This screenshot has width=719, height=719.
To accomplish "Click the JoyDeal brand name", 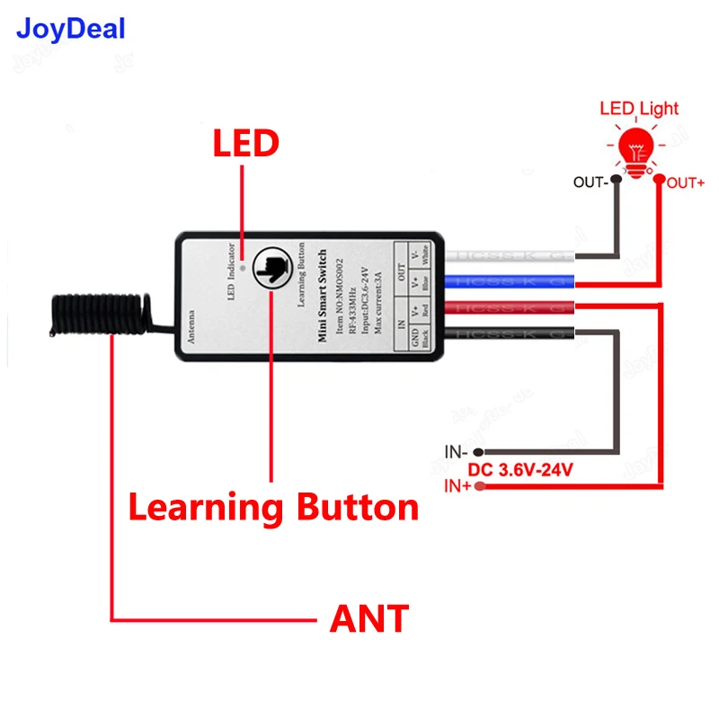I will point(71,30).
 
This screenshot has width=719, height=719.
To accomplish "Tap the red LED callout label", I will point(245,144).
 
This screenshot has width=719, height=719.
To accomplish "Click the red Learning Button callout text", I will point(273,508).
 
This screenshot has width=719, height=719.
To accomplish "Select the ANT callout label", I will point(369,618).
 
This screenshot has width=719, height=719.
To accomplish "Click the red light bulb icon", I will point(638,149).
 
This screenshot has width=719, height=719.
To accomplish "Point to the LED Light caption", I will point(638,110).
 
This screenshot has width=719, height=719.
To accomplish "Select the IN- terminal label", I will point(457,451).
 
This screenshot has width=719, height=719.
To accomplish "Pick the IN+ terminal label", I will point(457,487).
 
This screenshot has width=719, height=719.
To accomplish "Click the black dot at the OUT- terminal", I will point(617,181).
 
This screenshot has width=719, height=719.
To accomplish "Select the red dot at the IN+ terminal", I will point(480,487).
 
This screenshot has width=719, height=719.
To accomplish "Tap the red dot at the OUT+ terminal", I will point(659,181).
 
